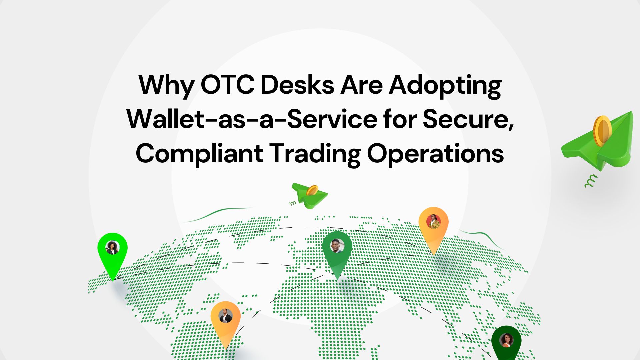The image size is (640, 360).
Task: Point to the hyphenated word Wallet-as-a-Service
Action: (252, 119)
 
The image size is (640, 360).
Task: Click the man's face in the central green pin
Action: (337, 246)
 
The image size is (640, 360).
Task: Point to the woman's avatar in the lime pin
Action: (112, 247)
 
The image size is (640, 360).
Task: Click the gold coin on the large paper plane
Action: (602, 131)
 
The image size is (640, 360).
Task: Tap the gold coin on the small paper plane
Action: (312, 191)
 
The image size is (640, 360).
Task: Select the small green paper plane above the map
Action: (310, 196)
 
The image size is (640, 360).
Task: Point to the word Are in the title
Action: (361, 85)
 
